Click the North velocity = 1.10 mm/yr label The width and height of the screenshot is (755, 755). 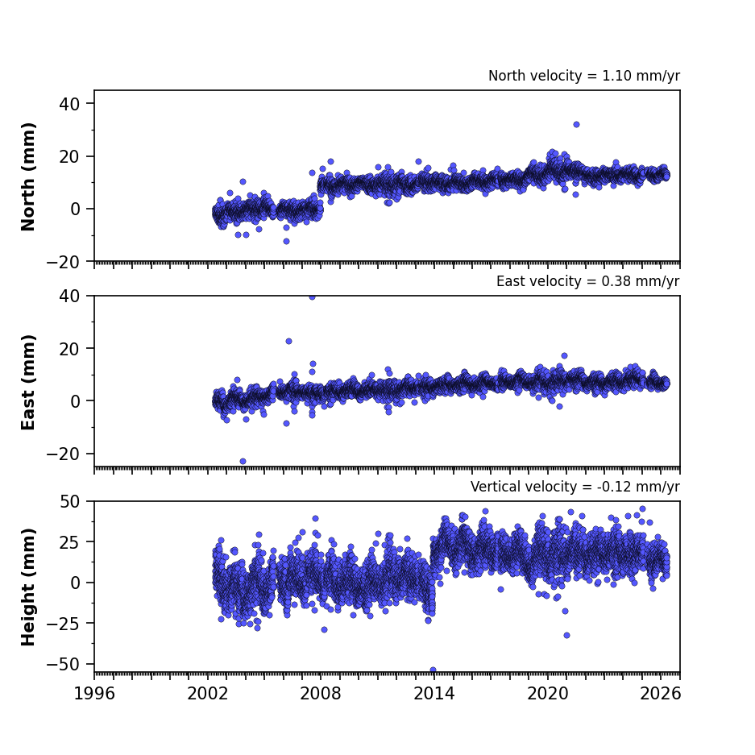pyautogui.click(x=584, y=76)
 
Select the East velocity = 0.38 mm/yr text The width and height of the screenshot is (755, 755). pyautogui.click(x=588, y=281)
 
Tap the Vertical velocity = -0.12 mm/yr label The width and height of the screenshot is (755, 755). pyautogui.click(x=575, y=487)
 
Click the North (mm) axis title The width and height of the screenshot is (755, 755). pyautogui.click(x=28, y=176)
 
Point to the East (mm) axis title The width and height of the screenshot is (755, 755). pyautogui.click(x=28, y=382)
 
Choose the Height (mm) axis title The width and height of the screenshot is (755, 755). pyautogui.click(x=28, y=587)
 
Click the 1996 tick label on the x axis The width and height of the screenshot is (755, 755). pyautogui.click(x=94, y=694)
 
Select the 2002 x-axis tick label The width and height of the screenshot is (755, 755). pyautogui.click(x=208, y=694)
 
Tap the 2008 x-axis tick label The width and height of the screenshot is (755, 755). pyautogui.click(x=321, y=694)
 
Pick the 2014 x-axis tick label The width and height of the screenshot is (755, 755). pyautogui.click(x=434, y=694)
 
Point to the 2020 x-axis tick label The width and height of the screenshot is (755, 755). pyautogui.click(x=547, y=694)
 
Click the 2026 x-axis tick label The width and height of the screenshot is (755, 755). pyautogui.click(x=661, y=694)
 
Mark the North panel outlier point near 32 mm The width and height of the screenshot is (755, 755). pyautogui.click(x=576, y=125)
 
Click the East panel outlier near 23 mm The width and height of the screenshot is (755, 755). pyautogui.click(x=289, y=342)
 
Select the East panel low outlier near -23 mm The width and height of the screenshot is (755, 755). pyautogui.click(x=243, y=461)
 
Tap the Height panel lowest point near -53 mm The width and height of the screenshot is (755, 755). pyautogui.click(x=433, y=670)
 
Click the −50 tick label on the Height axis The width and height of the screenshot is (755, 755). pyautogui.click(x=63, y=665)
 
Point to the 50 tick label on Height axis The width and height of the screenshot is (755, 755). pyautogui.click(x=70, y=502)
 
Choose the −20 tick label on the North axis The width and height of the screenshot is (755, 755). pyautogui.click(x=63, y=263)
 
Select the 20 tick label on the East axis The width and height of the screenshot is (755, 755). pyautogui.click(x=70, y=349)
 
